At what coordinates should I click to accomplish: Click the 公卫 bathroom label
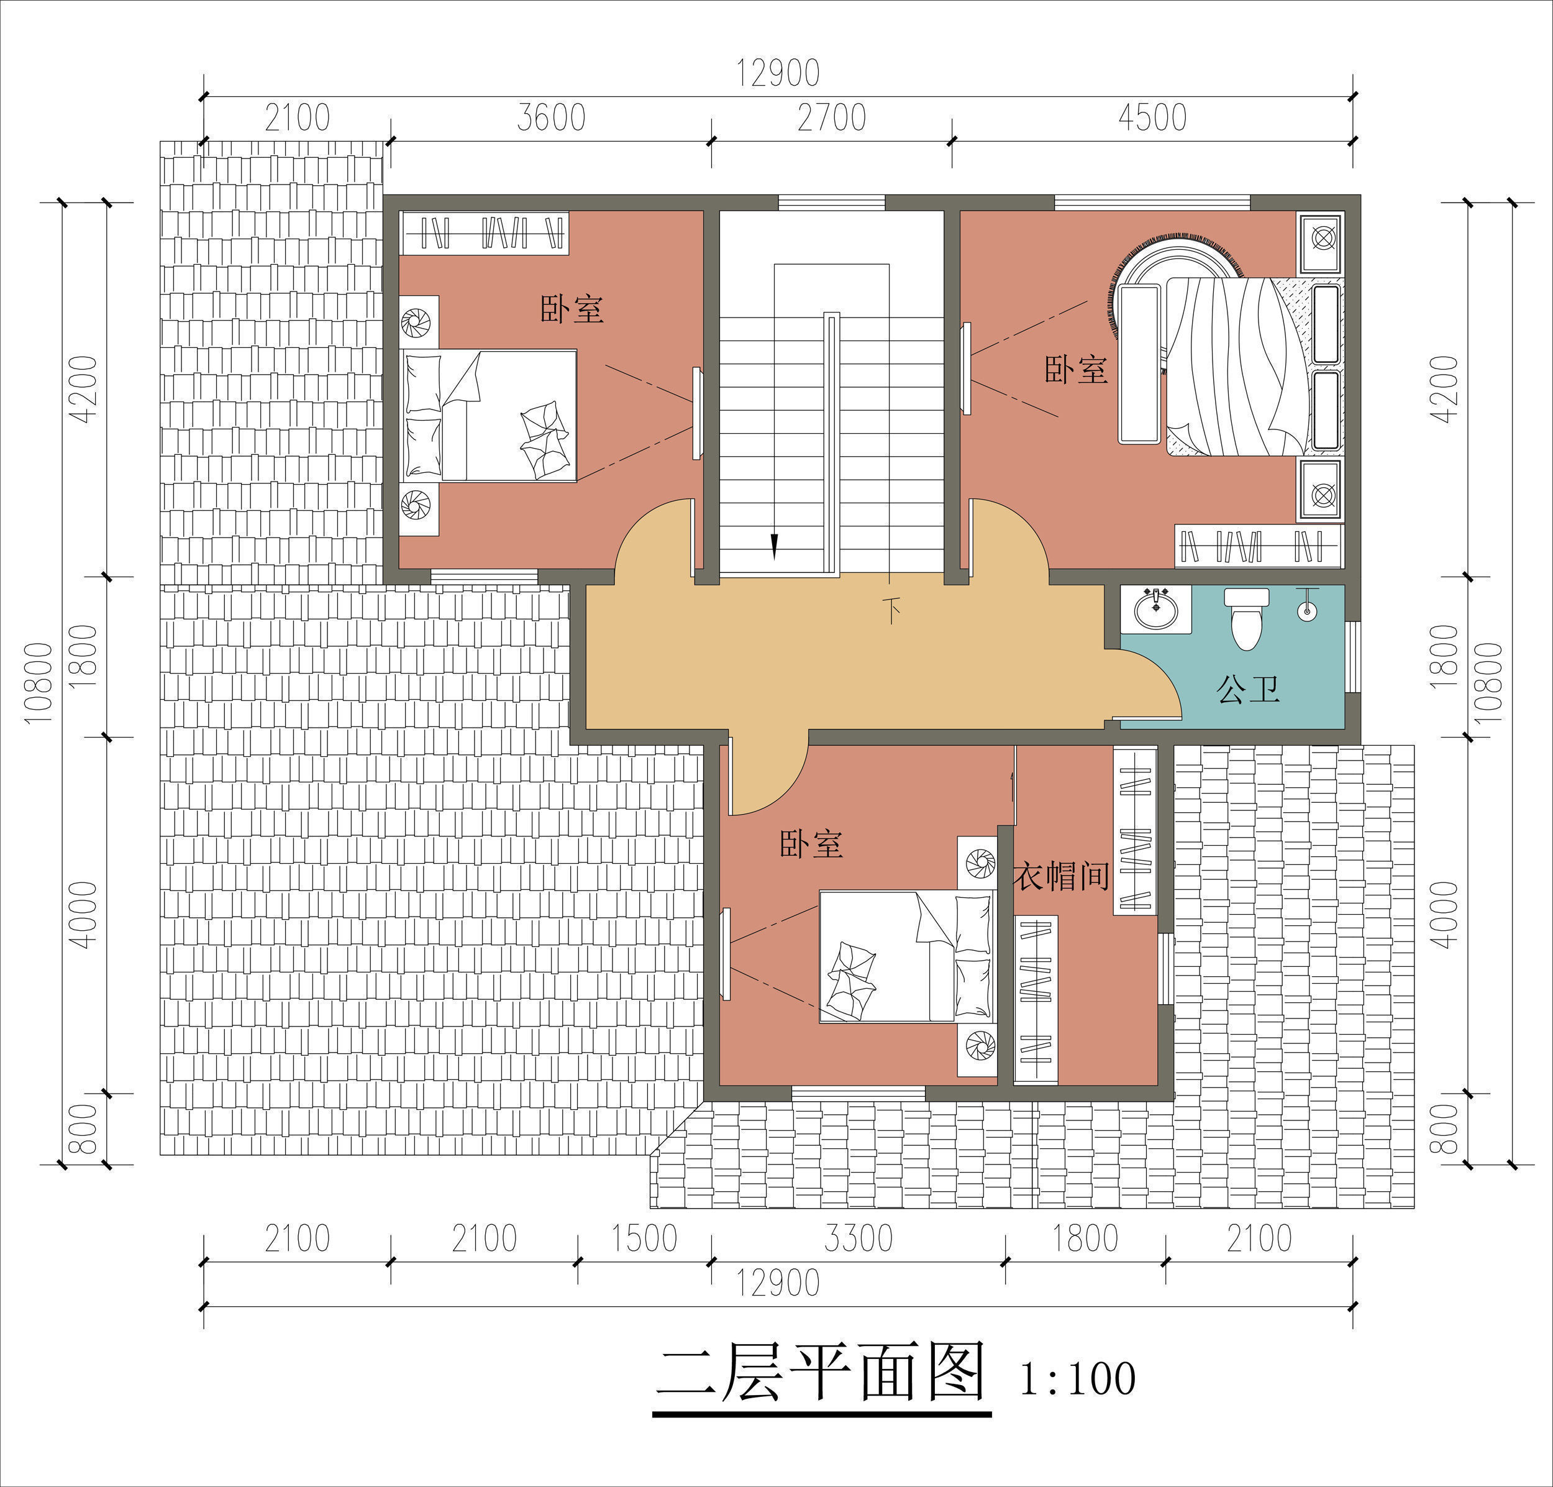coord(1248,690)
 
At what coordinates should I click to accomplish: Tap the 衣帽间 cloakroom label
coord(1061,876)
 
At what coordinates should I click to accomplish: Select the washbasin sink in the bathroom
coord(1156,609)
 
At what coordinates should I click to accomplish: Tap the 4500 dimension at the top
coord(1152,118)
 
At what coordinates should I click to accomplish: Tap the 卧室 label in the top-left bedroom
coord(572,309)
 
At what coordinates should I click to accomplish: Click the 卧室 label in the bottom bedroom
coord(811,844)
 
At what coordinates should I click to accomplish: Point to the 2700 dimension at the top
coord(831,118)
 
